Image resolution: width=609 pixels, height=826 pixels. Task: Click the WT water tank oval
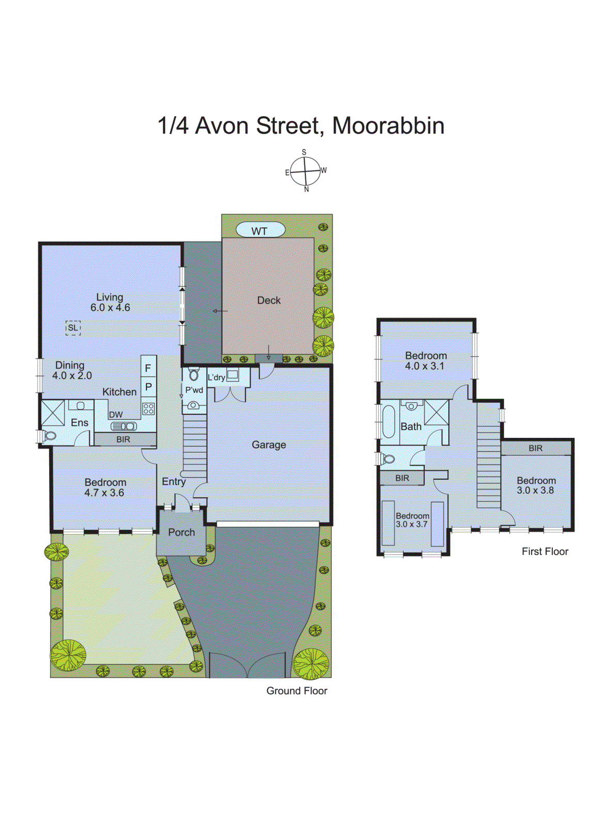pos(260,230)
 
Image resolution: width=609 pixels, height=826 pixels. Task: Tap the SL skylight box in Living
pos(73,327)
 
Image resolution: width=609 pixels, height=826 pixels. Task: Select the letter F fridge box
pos(148,368)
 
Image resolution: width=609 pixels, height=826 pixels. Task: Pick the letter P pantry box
pos(148,387)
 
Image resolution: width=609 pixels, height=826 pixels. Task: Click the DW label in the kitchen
pos(116,415)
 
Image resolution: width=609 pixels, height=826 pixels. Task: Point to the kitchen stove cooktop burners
pos(148,409)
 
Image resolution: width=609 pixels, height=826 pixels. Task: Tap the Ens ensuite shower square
pos(53,413)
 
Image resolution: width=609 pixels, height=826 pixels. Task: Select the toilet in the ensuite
pos(49,436)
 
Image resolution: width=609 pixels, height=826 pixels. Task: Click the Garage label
pos(269,444)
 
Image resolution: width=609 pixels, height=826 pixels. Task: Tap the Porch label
pos(181,532)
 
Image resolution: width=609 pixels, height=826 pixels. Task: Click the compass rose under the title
pos(305,171)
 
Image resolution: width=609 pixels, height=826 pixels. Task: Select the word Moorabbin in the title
pos(388,125)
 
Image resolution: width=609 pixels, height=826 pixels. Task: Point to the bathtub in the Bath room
pos(388,422)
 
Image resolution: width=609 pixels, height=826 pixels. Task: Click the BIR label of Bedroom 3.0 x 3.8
pos(536,448)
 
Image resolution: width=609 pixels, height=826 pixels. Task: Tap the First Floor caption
pos(544,551)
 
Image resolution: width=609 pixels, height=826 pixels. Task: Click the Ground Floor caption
pos(296,691)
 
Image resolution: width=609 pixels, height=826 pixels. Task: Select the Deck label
pos(269,300)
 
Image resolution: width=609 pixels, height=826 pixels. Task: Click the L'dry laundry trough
pos(232,375)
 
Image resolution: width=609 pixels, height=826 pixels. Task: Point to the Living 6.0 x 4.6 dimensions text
pos(110,308)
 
